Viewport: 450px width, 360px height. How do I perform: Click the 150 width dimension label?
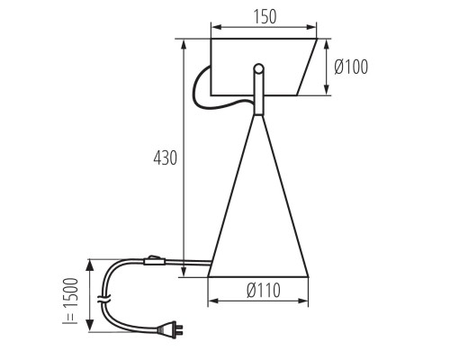click(x=265, y=17)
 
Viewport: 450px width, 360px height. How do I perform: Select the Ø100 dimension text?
click(x=351, y=67)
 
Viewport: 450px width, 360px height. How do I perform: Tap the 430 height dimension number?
click(x=166, y=157)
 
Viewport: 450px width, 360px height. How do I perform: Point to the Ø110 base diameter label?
click(x=264, y=290)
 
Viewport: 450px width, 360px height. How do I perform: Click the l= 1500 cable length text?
click(x=70, y=301)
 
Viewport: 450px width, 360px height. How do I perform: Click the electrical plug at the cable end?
click(x=170, y=329)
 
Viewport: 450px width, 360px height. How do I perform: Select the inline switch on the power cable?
click(x=155, y=260)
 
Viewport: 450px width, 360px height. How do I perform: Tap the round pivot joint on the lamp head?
click(x=258, y=68)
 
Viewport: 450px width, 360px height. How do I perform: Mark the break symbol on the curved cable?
click(x=104, y=299)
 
